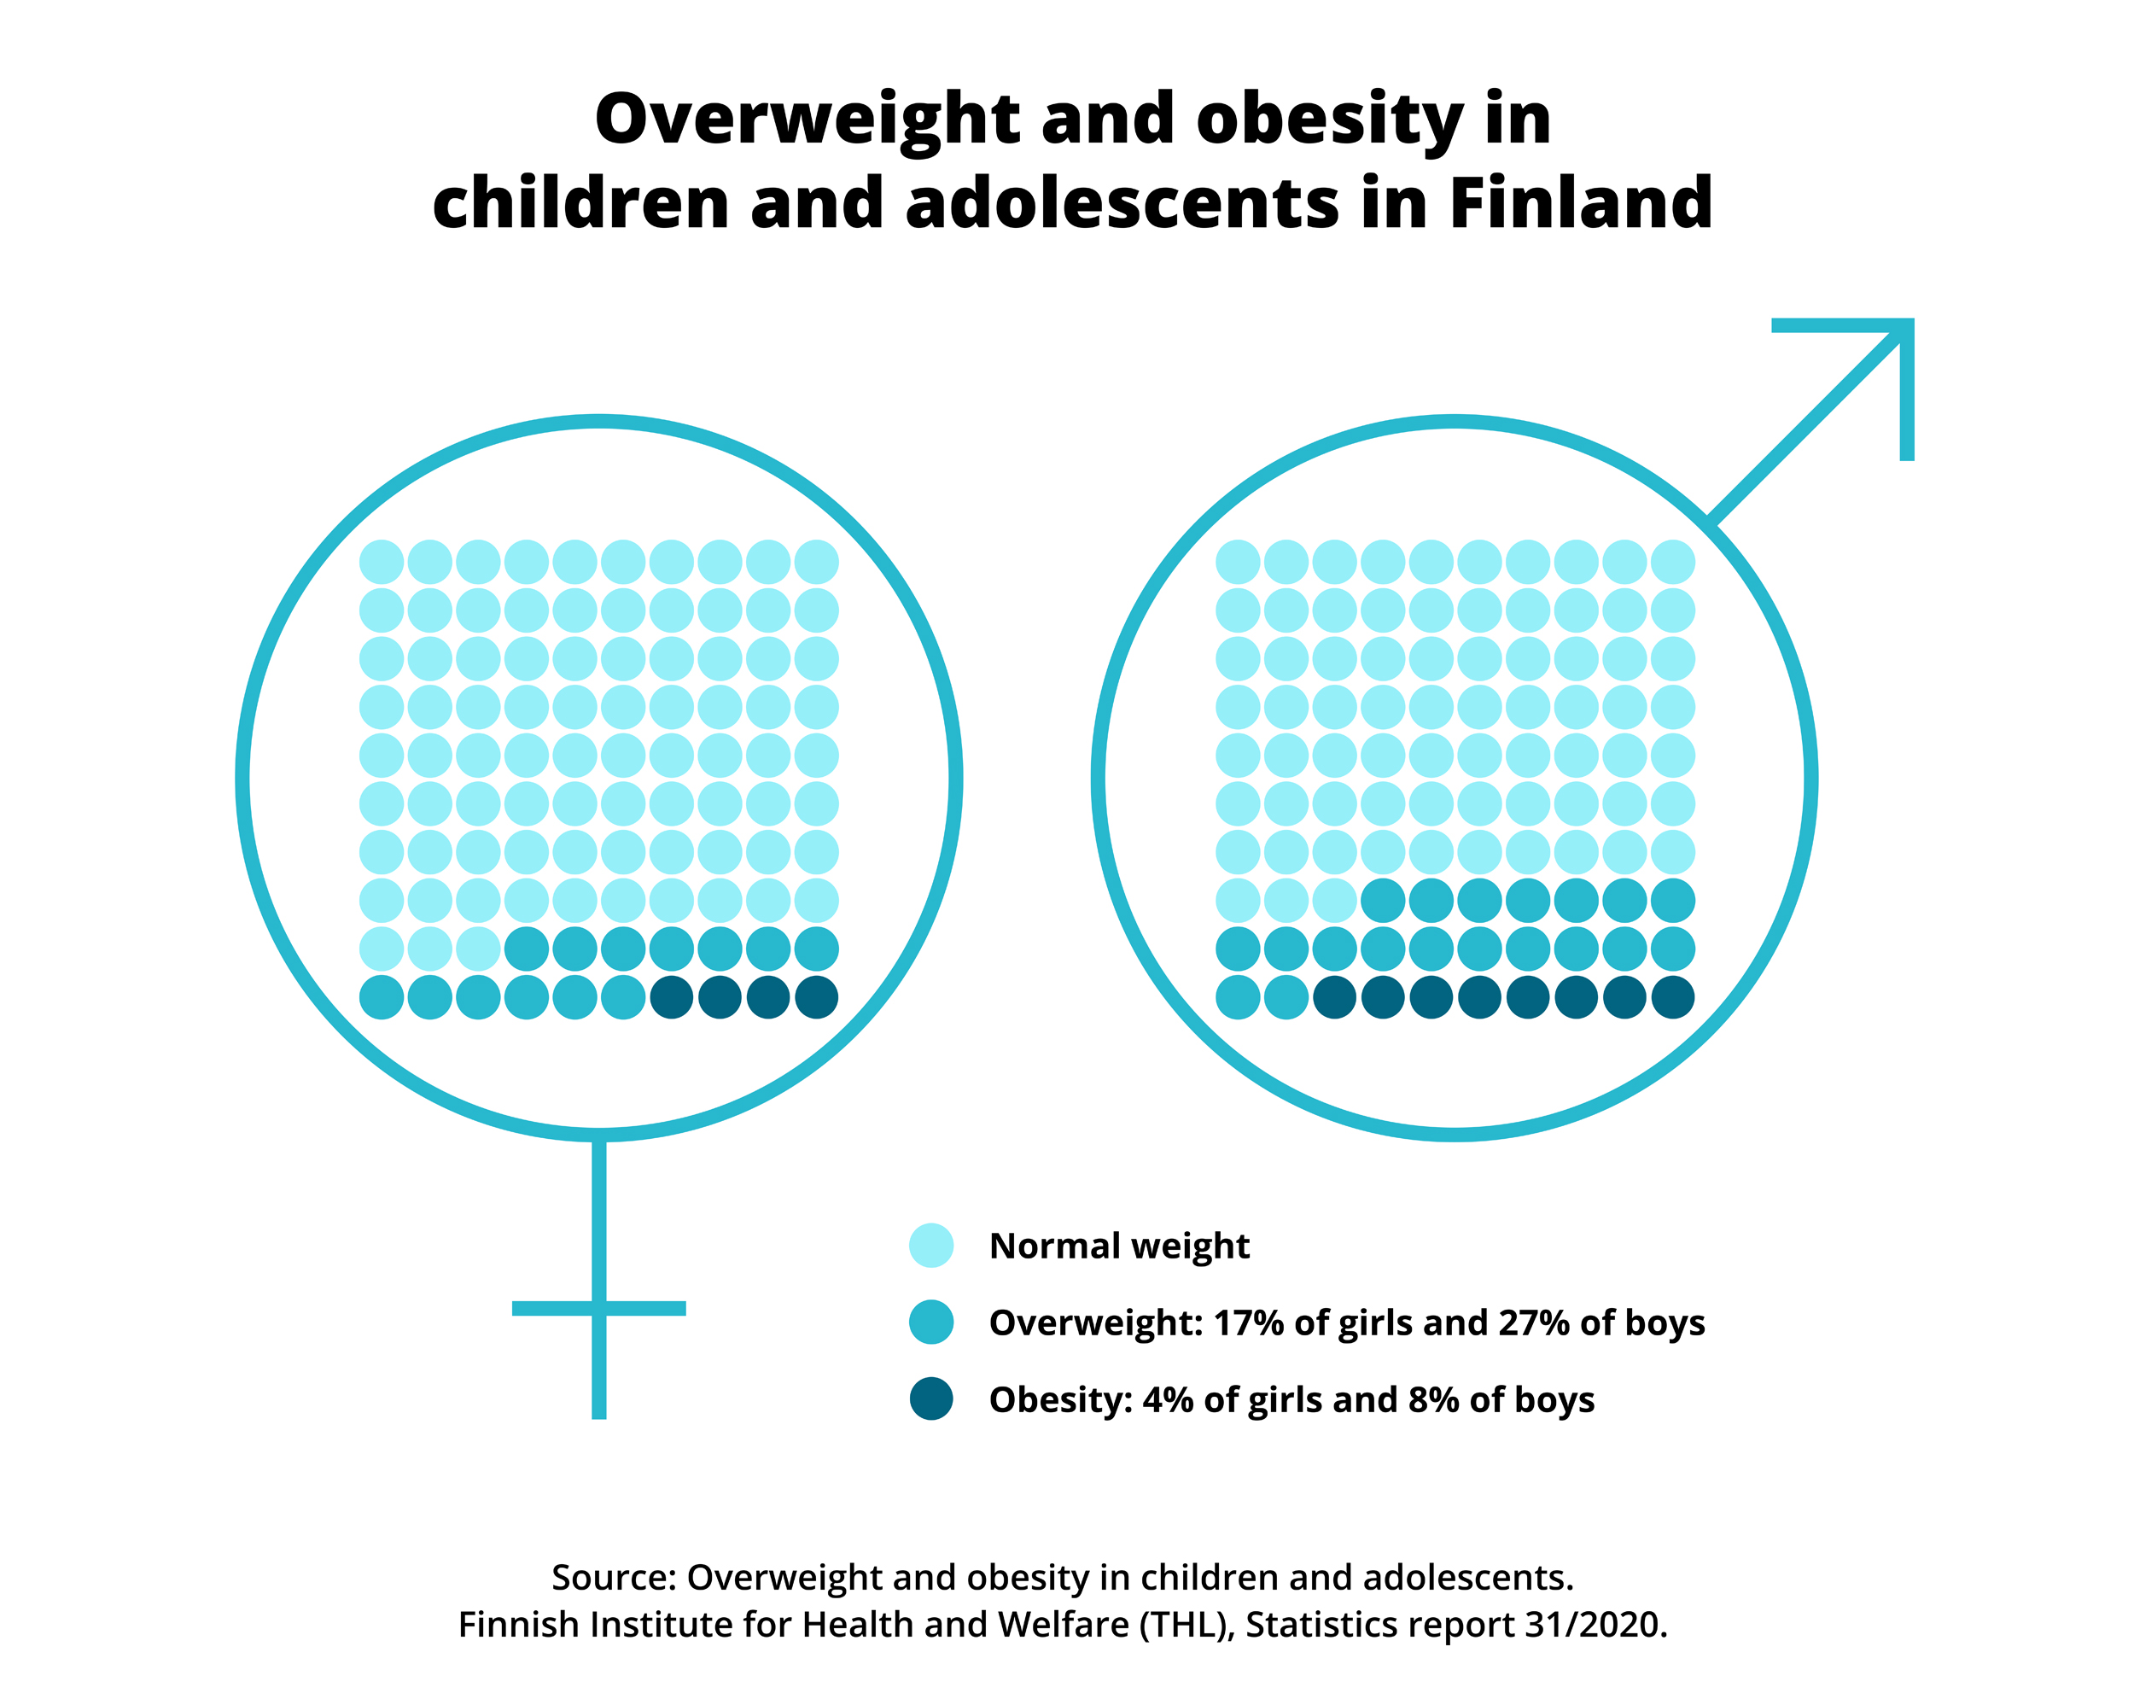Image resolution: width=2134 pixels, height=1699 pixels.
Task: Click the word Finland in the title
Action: click(x=1581, y=203)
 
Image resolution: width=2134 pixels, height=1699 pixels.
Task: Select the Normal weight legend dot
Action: click(x=931, y=1246)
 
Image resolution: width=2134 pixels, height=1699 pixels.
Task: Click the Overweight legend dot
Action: click(x=931, y=1322)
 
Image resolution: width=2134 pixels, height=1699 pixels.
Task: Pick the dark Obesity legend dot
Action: click(x=931, y=1399)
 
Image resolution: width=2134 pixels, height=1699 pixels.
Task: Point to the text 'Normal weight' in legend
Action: click(x=1118, y=1246)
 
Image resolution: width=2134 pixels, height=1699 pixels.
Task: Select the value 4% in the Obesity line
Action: click(x=1167, y=1399)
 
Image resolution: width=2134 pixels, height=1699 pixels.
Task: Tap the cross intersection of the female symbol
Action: click(x=599, y=1309)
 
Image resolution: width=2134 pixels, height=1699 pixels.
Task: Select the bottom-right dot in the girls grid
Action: click(x=817, y=997)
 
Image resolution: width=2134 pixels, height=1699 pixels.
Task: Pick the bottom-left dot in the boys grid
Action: click(x=1237, y=997)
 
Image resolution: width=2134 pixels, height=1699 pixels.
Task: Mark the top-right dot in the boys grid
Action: click(x=1673, y=562)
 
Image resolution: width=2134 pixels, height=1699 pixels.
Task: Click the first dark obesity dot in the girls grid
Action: click(x=672, y=997)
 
